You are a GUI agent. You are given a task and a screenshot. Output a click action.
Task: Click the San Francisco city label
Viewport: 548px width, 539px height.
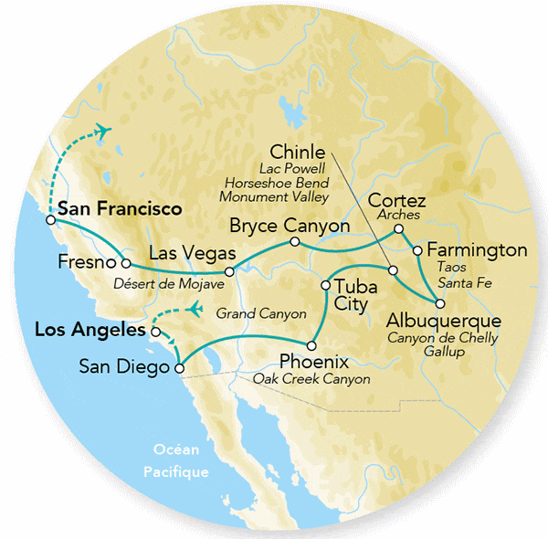(119, 209)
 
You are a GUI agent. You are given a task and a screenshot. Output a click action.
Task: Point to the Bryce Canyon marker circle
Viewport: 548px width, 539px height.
(295, 242)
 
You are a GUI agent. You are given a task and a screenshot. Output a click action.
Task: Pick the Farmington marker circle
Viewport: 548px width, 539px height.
(416, 249)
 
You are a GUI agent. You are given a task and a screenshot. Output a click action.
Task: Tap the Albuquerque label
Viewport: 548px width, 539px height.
(443, 322)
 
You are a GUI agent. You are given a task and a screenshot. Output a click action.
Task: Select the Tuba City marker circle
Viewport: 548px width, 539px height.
(325, 286)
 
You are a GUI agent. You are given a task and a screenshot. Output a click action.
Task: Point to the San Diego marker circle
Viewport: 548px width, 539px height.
(179, 369)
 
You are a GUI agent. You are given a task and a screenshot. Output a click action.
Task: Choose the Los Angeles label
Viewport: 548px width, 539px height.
(90, 329)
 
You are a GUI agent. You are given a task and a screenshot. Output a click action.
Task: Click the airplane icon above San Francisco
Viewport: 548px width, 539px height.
(103, 130)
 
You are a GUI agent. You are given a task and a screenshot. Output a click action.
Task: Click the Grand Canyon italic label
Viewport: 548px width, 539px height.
(261, 313)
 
